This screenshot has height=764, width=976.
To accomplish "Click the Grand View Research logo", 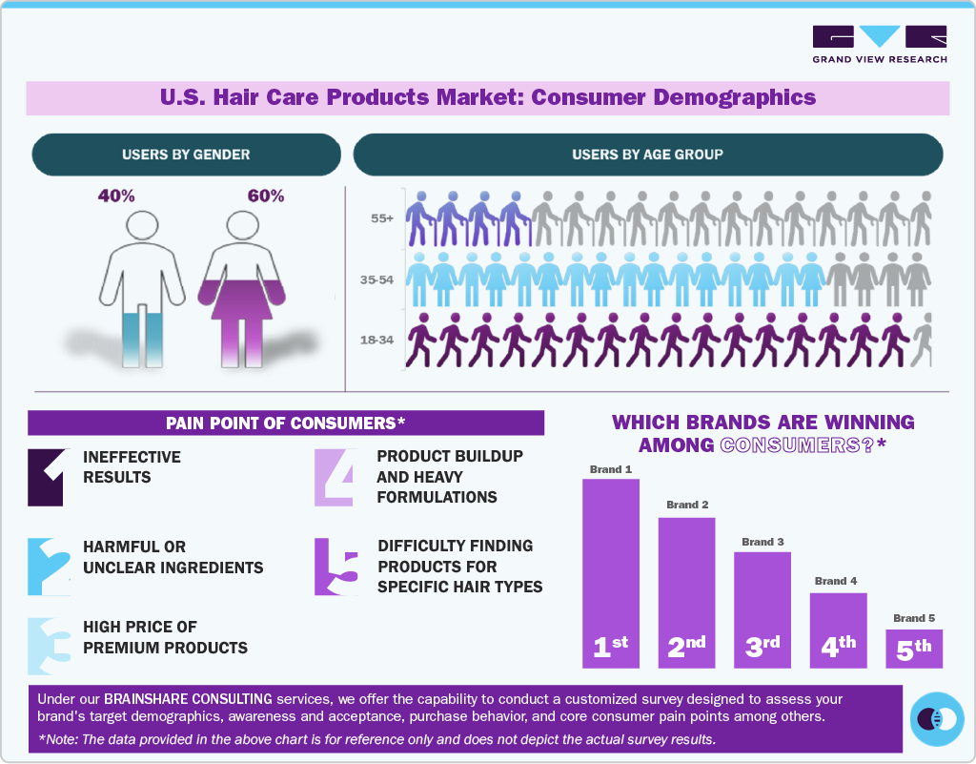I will pyautogui.click(x=879, y=44).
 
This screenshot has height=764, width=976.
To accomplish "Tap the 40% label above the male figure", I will pyautogui.click(x=116, y=196).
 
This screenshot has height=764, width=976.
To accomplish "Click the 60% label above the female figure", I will pyautogui.click(x=265, y=196).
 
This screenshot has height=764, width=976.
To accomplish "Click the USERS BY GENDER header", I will pyautogui.click(x=186, y=155).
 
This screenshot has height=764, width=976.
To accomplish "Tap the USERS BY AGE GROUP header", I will pyautogui.click(x=647, y=155).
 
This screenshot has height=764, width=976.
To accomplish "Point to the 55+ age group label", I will pyautogui.click(x=382, y=218).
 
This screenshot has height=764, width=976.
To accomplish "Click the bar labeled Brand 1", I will pyautogui.click(x=610, y=572).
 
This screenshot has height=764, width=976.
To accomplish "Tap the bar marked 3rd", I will pyautogui.click(x=762, y=609).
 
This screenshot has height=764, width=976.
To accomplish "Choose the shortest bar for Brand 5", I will pyautogui.click(x=914, y=648).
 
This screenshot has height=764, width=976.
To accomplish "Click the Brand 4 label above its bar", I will pyautogui.click(x=836, y=581).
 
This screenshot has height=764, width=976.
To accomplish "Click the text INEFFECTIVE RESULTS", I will pyautogui.click(x=132, y=467).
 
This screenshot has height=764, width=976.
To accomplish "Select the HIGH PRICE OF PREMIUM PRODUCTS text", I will pyautogui.click(x=165, y=637).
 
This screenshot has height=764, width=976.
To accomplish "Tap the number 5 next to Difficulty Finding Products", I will pyautogui.click(x=336, y=567).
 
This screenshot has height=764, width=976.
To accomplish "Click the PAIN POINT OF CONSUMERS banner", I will pyautogui.click(x=286, y=423).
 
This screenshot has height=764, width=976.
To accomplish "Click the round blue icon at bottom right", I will pyautogui.click(x=936, y=718).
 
